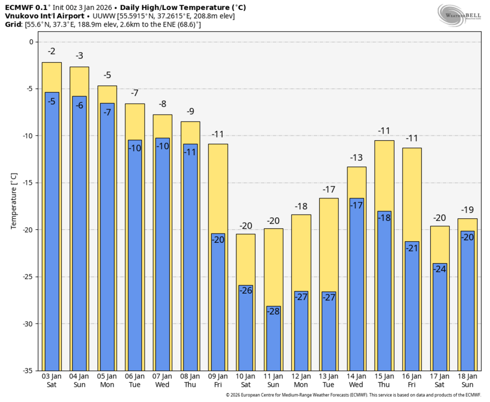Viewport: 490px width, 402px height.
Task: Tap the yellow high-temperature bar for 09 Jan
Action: [218, 188]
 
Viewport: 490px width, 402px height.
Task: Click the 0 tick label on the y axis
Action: [30, 42]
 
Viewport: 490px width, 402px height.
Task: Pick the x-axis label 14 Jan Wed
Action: [356, 380]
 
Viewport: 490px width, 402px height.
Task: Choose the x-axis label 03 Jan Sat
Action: [52, 380]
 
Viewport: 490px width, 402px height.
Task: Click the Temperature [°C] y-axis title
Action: [14, 202]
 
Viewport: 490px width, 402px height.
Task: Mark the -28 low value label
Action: [274, 311]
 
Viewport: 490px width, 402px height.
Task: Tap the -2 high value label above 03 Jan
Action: [52, 51]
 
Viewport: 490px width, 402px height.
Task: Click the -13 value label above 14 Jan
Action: [356, 158]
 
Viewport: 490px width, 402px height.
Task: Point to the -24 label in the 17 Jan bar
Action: [440, 269]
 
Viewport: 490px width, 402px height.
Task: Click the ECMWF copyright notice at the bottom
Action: [353, 395]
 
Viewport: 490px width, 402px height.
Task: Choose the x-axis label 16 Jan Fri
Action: [412, 380]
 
